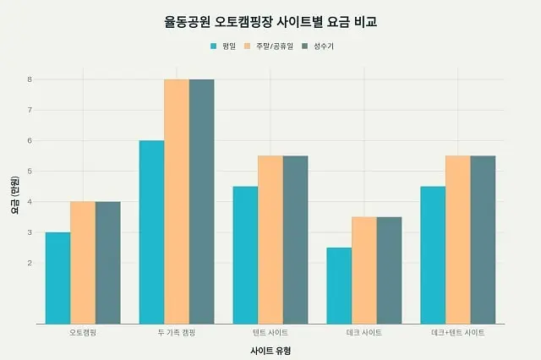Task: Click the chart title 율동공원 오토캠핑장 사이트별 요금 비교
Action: tap(270, 21)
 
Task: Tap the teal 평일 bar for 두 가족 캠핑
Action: tap(151, 232)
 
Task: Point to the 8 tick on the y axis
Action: tap(29, 79)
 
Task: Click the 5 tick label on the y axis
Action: tap(29, 172)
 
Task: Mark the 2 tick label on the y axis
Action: tap(29, 263)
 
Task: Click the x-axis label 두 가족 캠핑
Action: tap(177, 333)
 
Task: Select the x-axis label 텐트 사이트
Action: tap(270, 333)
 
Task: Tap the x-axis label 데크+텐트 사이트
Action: tap(457, 333)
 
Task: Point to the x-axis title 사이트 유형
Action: tap(270, 350)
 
